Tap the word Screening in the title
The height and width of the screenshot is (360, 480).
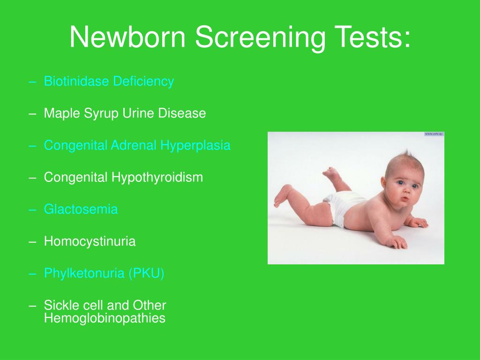[260, 38]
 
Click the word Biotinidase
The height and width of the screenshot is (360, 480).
[76, 81]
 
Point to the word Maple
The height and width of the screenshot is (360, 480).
[62, 113]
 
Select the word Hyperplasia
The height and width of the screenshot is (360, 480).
[195, 146]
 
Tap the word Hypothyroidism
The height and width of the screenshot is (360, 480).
[157, 178]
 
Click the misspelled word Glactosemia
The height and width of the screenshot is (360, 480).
[81, 210]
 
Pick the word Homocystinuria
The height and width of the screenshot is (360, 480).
[90, 241]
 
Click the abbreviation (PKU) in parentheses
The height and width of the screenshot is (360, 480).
[146, 273]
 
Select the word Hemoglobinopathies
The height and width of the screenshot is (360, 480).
[105, 318]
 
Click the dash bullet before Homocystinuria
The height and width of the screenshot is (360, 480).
[32, 242]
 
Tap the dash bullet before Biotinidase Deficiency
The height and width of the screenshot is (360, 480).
[32, 82]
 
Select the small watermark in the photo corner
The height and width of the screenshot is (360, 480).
[434, 134]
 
